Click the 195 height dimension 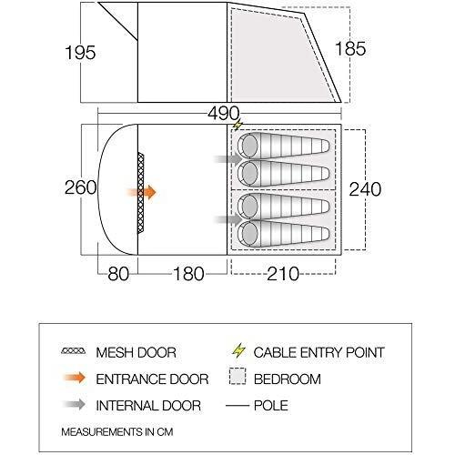(x=80, y=53)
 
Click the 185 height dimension (x=350, y=48)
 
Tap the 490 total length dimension (x=224, y=114)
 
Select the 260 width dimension (x=81, y=187)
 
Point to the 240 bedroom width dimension (x=365, y=189)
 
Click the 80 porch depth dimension (x=118, y=274)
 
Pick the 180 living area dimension (x=188, y=274)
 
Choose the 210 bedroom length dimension (x=283, y=274)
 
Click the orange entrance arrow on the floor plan (x=141, y=192)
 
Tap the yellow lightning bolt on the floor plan (x=238, y=125)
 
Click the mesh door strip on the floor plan (x=141, y=193)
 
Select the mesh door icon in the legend (x=74, y=351)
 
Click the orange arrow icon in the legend (x=75, y=378)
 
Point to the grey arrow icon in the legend (x=75, y=404)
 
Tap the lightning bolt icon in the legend (x=238, y=350)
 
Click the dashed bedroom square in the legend (x=238, y=377)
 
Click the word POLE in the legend (x=271, y=406)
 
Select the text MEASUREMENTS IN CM (x=117, y=432)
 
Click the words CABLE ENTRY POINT (x=319, y=352)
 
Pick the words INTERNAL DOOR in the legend (x=148, y=406)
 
